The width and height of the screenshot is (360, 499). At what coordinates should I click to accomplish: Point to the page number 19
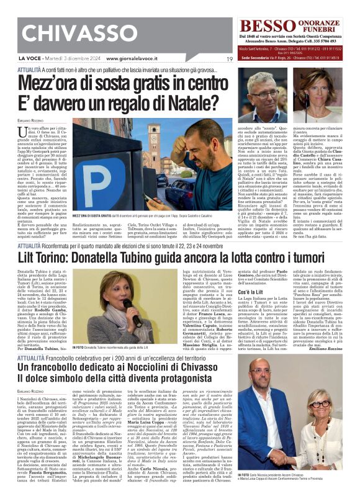(x=230, y=59)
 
